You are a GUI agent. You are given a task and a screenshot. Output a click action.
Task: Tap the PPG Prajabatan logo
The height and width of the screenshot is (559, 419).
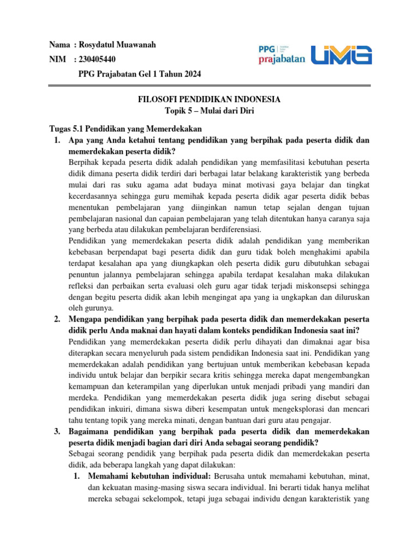[282, 55]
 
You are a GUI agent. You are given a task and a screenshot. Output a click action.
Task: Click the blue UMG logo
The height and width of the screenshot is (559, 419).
[342, 55]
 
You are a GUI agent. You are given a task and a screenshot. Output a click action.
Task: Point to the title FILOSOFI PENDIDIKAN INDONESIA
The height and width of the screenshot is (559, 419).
[209, 99]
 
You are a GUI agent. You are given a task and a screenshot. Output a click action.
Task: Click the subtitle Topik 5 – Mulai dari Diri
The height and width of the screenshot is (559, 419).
[209, 111]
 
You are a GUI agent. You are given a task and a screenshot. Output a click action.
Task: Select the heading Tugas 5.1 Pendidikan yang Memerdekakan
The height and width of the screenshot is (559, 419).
[125, 129]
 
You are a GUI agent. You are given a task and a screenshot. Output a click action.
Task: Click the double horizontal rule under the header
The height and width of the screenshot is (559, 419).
[209, 85]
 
